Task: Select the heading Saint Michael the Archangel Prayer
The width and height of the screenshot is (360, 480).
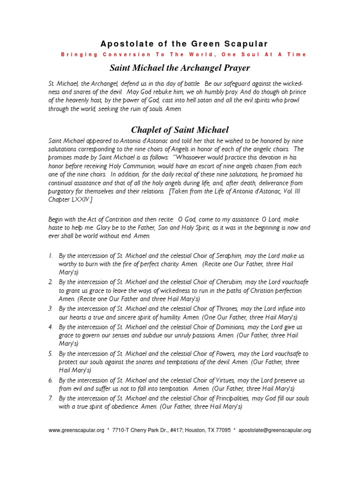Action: [180, 67]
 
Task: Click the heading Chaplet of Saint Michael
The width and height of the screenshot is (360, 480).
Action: [180, 130]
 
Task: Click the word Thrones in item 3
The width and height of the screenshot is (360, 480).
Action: [226, 309]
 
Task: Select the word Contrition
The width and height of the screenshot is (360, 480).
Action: [104, 219]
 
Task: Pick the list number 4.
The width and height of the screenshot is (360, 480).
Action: [51, 327]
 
